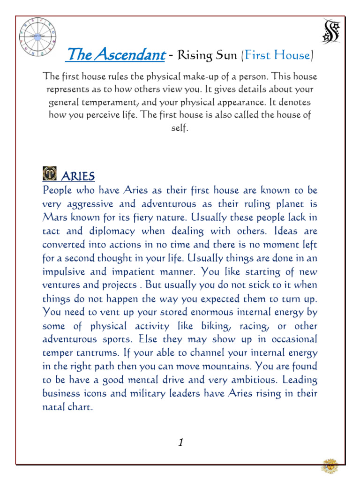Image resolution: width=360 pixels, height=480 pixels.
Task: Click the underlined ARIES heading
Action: tap(78, 176)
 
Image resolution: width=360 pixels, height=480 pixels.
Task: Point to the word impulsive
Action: tap(62, 272)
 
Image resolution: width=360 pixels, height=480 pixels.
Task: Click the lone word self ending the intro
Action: tap(180, 128)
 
